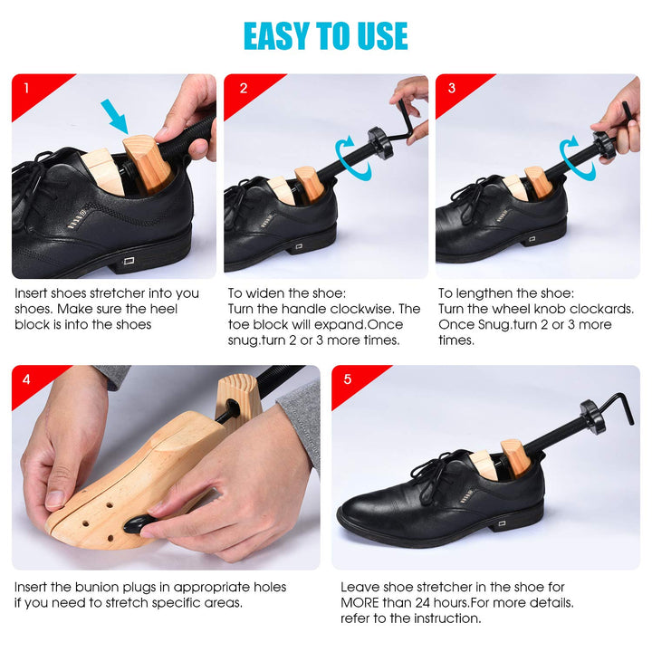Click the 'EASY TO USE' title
coord(326,35)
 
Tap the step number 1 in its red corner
coord(27,89)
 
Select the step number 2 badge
coord(243,89)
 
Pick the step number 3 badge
coord(453,89)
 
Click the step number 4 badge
coord(27,379)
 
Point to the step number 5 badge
coord(348,379)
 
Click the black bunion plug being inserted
coord(138,525)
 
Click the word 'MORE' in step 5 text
coord(362,602)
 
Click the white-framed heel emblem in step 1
coord(129,261)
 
